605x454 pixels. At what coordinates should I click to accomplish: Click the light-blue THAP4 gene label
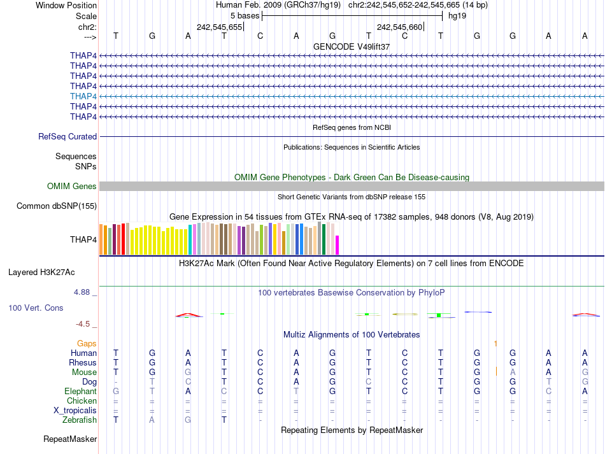click(83, 96)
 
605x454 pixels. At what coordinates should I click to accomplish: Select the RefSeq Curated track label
click(68, 136)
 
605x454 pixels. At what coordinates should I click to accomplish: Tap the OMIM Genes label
click(72, 187)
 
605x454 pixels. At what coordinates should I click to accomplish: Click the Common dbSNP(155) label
click(57, 206)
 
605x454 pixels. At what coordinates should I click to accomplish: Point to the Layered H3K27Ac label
click(41, 273)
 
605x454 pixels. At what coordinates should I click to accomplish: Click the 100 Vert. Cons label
click(36, 308)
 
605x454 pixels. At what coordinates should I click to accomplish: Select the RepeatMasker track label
click(70, 439)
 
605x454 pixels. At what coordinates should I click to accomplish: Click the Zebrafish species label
click(80, 420)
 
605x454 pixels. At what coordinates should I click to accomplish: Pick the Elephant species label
click(80, 392)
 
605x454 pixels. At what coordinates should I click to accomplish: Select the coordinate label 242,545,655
click(220, 27)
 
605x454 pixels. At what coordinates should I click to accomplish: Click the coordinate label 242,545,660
click(400, 27)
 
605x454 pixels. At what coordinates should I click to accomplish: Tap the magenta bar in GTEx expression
click(338, 245)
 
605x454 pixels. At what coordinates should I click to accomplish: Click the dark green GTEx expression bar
click(324, 239)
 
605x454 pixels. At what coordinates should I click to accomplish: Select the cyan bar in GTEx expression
click(190, 239)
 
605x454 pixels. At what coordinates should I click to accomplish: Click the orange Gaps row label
click(87, 343)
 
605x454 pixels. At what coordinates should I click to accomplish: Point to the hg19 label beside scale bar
click(457, 16)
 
